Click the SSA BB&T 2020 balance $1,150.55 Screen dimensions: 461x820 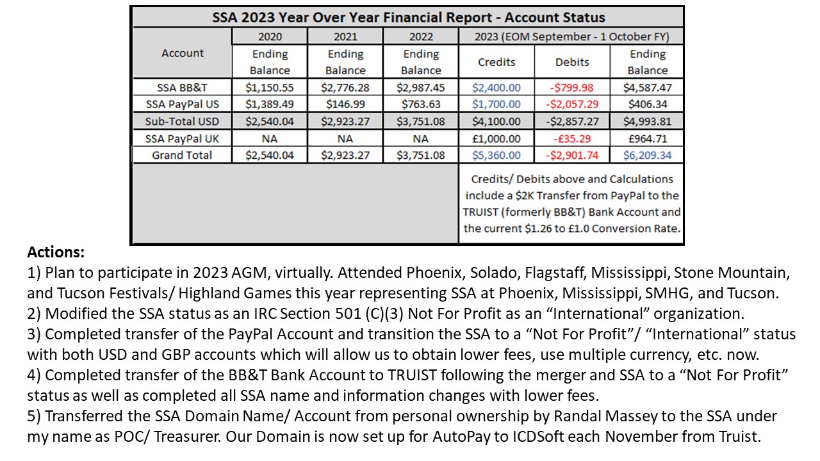click(270, 88)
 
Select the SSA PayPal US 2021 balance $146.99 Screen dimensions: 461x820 click(345, 104)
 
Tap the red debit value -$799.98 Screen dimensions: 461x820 click(572, 88)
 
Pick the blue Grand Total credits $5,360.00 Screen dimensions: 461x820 click(496, 155)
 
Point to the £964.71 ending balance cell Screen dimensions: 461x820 click(648, 138)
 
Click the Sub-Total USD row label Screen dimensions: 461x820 click(183, 121)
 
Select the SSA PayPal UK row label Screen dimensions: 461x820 click(183, 138)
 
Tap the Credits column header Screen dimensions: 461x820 click(496, 62)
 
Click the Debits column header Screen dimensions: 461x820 click(572, 62)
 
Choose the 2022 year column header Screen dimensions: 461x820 click(421, 37)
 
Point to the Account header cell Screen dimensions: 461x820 click(183, 53)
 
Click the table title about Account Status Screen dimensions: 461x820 click(408, 17)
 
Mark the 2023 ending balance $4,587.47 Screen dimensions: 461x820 click(648, 88)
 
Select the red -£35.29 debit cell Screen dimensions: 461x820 click(572, 138)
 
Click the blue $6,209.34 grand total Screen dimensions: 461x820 click(648, 155)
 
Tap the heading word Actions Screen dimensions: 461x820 click(56, 253)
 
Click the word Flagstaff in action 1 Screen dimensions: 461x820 click(553, 273)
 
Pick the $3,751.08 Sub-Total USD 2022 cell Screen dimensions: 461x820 click(421, 121)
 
